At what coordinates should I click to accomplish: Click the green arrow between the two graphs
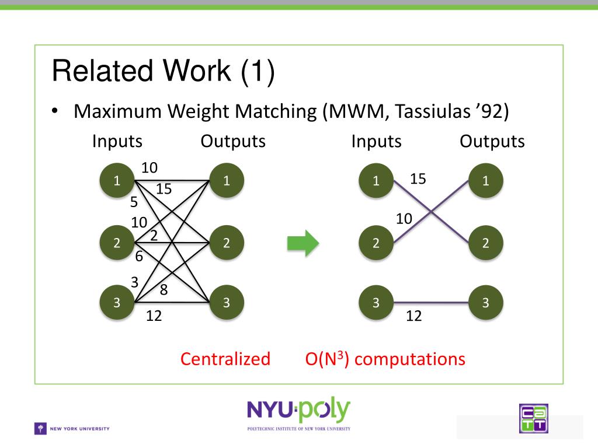click(303, 243)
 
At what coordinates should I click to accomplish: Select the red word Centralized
click(225, 359)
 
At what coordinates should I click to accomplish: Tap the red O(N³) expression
click(327, 359)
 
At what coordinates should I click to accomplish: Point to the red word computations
click(409, 359)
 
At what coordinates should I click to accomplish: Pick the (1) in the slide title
click(258, 71)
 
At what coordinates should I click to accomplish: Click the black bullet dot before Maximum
click(55, 111)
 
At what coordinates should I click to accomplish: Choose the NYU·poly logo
click(298, 414)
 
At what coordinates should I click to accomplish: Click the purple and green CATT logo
click(534, 418)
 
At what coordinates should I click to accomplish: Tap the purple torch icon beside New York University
click(40, 429)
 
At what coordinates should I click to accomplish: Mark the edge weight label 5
click(134, 201)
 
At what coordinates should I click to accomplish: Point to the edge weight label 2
click(154, 236)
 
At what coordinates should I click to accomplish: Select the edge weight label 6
click(139, 257)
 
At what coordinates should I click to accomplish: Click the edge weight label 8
click(164, 290)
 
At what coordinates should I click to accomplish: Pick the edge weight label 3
click(135, 282)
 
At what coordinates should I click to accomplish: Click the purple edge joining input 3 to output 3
click(430, 303)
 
